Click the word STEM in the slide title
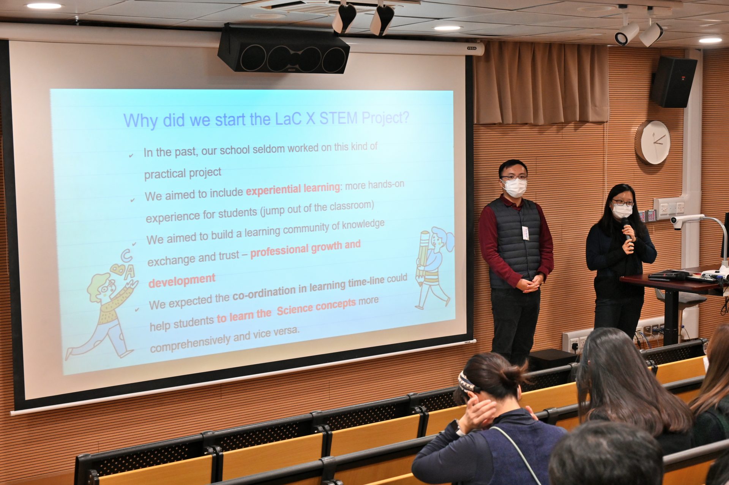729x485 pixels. [x=338, y=118]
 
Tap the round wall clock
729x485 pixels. [x=653, y=142]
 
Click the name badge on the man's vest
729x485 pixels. [x=525, y=233]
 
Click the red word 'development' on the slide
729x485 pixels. [x=182, y=280]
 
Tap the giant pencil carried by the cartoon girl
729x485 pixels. [x=423, y=258]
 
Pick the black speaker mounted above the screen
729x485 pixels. [x=283, y=49]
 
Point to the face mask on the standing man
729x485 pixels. [x=514, y=188]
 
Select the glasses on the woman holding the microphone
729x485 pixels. [x=623, y=203]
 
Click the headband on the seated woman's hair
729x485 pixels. [x=468, y=382]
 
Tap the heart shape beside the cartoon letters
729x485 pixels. [x=117, y=269]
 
